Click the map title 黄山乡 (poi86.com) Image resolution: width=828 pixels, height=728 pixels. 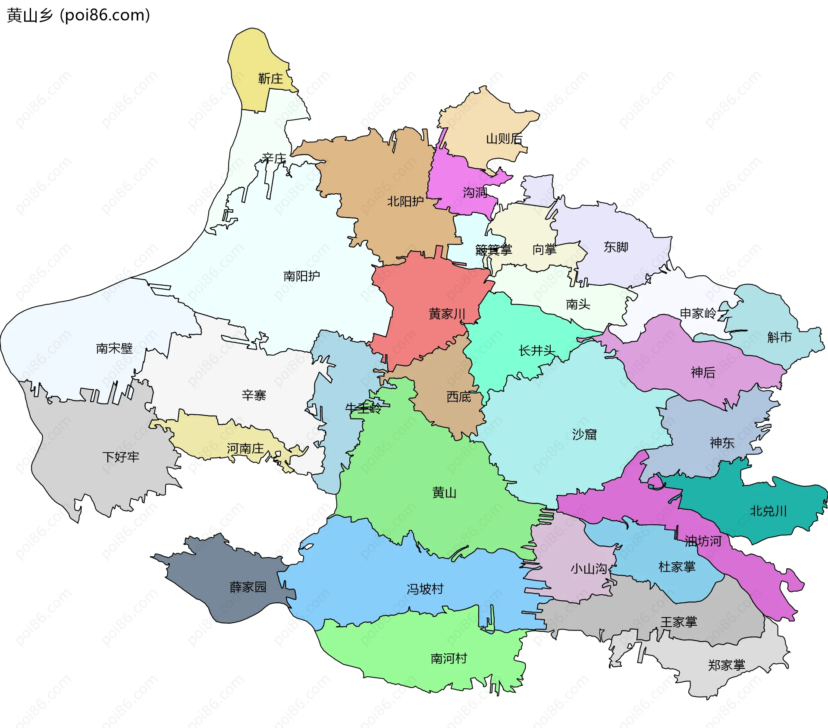(x=78, y=16)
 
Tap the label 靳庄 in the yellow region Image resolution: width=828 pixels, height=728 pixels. (x=270, y=79)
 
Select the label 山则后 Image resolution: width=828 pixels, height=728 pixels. (x=504, y=139)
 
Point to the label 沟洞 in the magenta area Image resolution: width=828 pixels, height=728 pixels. (x=475, y=192)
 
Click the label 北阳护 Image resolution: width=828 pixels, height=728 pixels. (x=405, y=202)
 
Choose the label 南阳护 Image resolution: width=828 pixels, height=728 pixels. (x=301, y=276)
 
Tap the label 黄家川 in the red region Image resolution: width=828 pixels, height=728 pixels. (x=447, y=314)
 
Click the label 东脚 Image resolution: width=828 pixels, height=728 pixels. (x=616, y=247)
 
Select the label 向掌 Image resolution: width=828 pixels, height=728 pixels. (x=544, y=249)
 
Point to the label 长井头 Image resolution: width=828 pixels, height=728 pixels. (x=536, y=351)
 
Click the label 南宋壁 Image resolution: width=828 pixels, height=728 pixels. (x=114, y=348)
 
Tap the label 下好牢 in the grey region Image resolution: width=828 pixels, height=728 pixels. (x=121, y=457)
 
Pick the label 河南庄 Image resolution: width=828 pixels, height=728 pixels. (x=245, y=449)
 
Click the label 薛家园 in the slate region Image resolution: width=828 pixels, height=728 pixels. (x=248, y=587)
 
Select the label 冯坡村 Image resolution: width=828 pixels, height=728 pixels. (x=425, y=589)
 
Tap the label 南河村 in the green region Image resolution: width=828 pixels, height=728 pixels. (x=448, y=659)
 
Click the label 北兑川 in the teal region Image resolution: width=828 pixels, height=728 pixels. (x=768, y=511)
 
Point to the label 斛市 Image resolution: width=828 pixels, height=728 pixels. (x=779, y=337)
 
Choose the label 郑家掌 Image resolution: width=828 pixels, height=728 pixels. (x=726, y=665)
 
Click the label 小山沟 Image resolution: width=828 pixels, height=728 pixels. (x=589, y=569)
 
